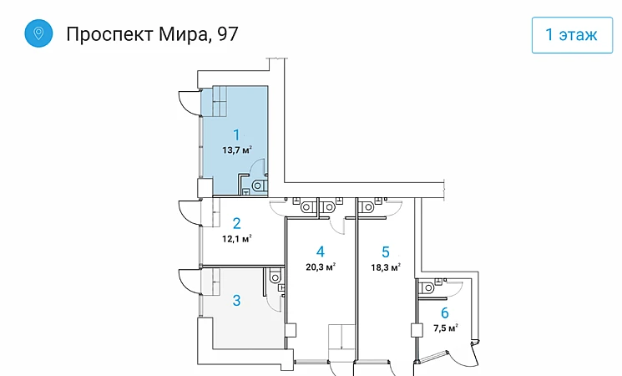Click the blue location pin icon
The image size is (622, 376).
(38, 33)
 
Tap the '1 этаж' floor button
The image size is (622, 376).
(572, 35)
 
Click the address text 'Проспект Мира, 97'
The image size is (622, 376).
(152, 34)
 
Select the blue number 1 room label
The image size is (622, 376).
(236, 135)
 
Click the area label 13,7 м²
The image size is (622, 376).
(237, 150)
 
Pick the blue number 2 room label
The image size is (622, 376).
(236, 224)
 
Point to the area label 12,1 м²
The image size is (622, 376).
(237, 239)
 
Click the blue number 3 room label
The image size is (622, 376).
(236, 300)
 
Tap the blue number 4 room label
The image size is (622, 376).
(320, 252)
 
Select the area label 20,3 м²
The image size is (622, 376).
(321, 267)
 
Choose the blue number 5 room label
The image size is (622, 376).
(386, 252)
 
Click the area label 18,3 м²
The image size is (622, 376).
(386, 267)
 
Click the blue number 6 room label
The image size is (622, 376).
(445, 312)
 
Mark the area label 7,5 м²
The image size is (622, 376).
(446, 328)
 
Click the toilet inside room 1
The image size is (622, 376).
(260, 185)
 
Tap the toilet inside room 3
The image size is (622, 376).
(276, 276)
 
